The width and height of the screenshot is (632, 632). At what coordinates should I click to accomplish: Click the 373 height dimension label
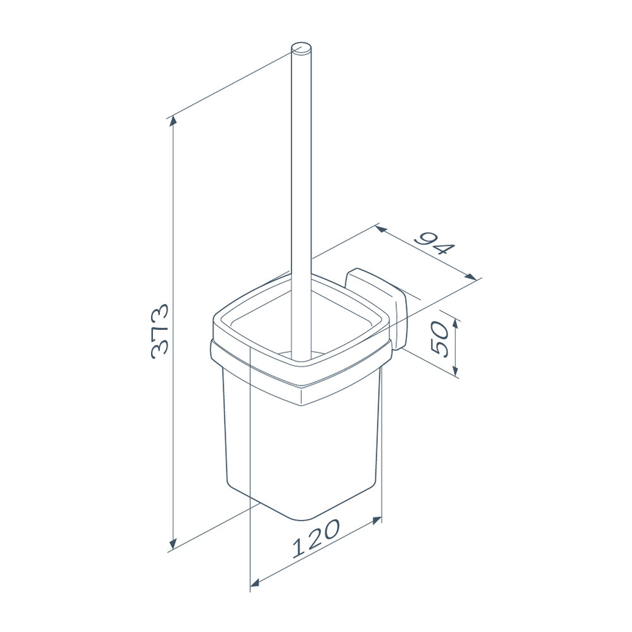159,331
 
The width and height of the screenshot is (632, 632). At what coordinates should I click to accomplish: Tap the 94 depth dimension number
435,243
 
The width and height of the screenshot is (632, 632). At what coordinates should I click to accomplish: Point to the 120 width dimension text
316,538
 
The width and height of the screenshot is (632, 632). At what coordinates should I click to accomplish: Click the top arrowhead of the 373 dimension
173,121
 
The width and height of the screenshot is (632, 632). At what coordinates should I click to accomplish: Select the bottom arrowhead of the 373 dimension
173,544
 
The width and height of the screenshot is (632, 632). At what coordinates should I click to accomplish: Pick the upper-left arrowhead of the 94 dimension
381,230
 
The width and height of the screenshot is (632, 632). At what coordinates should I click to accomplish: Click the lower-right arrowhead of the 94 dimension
470,277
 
